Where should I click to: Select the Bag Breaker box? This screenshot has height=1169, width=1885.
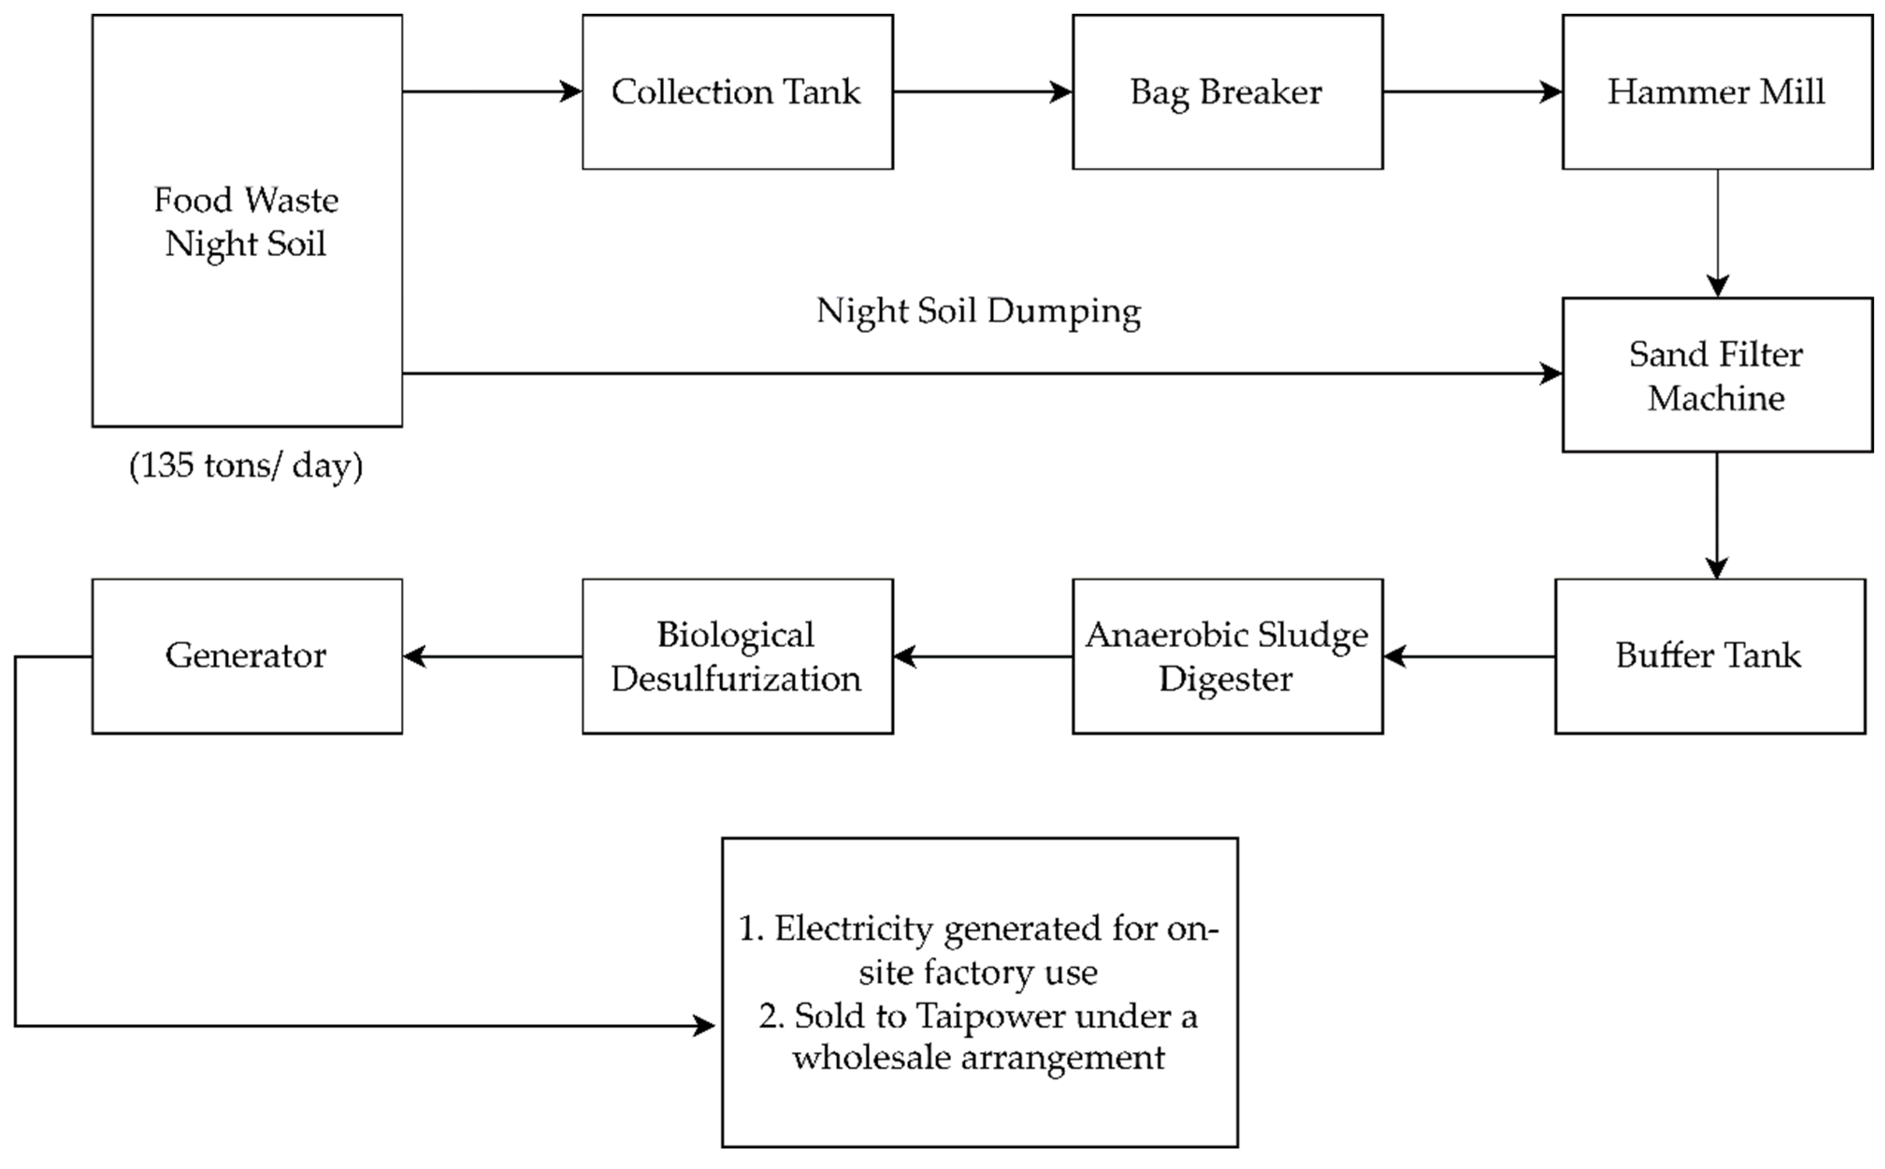click(1227, 92)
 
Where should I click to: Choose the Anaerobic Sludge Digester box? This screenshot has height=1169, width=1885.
click(1227, 656)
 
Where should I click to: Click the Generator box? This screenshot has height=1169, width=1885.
click(247, 656)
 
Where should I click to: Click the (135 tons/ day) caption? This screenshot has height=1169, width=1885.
click(246, 466)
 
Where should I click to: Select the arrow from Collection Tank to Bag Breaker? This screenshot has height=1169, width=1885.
click(982, 92)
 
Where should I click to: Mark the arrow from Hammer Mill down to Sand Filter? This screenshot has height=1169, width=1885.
click(1717, 232)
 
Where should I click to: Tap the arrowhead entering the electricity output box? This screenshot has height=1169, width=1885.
click(705, 1026)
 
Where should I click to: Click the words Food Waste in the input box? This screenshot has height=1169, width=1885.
click(246, 200)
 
